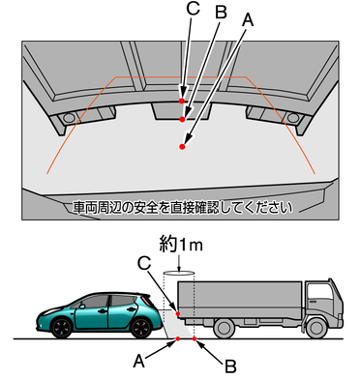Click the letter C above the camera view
(194, 9)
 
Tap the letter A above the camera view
(248, 18)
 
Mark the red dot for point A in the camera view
(183, 147)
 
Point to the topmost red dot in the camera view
(182, 101)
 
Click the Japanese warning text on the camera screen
(182, 207)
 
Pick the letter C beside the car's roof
(144, 262)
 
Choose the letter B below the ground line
(230, 365)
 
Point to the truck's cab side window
(320, 293)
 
